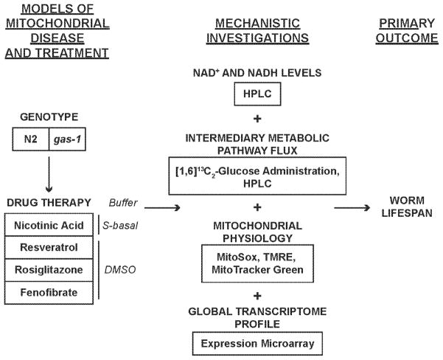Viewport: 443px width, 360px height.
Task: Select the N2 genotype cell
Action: tap(29, 139)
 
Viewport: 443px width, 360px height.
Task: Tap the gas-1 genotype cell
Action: tap(66, 139)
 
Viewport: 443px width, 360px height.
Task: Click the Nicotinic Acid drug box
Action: tap(51, 224)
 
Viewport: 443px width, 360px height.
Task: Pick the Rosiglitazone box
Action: tap(51, 271)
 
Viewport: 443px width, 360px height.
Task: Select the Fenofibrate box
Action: tap(51, 293)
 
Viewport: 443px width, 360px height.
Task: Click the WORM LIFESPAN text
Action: tap(405, 209)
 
